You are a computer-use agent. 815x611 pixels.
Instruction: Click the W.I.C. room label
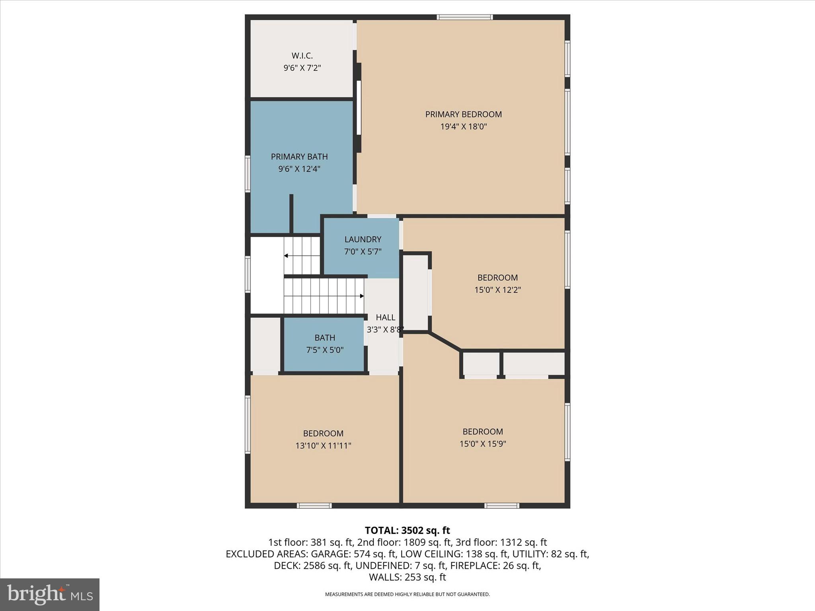click(302, 56)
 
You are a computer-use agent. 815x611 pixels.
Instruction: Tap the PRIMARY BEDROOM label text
click(463, 115)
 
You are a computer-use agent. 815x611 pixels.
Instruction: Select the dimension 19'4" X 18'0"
click(463, 127)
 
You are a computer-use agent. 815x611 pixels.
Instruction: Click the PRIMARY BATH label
click(299, 157)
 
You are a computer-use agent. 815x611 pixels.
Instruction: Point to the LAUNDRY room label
click(363, 239)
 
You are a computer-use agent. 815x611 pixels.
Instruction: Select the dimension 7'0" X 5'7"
click(363, 252)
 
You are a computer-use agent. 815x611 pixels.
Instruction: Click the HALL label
click(385, 317)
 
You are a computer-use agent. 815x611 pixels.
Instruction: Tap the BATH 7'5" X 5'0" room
click(324, 344)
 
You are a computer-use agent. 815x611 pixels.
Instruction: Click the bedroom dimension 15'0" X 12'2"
click(497, 290)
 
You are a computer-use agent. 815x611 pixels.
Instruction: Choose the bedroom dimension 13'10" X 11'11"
click(323, 446)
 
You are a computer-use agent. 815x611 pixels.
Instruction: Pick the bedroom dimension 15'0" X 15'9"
click(482, 444)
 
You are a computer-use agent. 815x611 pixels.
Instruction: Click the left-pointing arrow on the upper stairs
click(286, 256)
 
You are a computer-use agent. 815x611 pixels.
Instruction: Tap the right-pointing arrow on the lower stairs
click(361, 296)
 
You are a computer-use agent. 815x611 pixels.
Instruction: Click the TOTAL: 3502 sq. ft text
click(407, 530)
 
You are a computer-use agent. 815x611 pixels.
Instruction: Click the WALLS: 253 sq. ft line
click(407, 577)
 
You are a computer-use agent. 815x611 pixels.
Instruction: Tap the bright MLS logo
click(50, 594)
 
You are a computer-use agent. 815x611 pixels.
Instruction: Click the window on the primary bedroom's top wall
click(464, 17)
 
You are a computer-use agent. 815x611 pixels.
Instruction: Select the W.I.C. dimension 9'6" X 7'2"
click(302, 68)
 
